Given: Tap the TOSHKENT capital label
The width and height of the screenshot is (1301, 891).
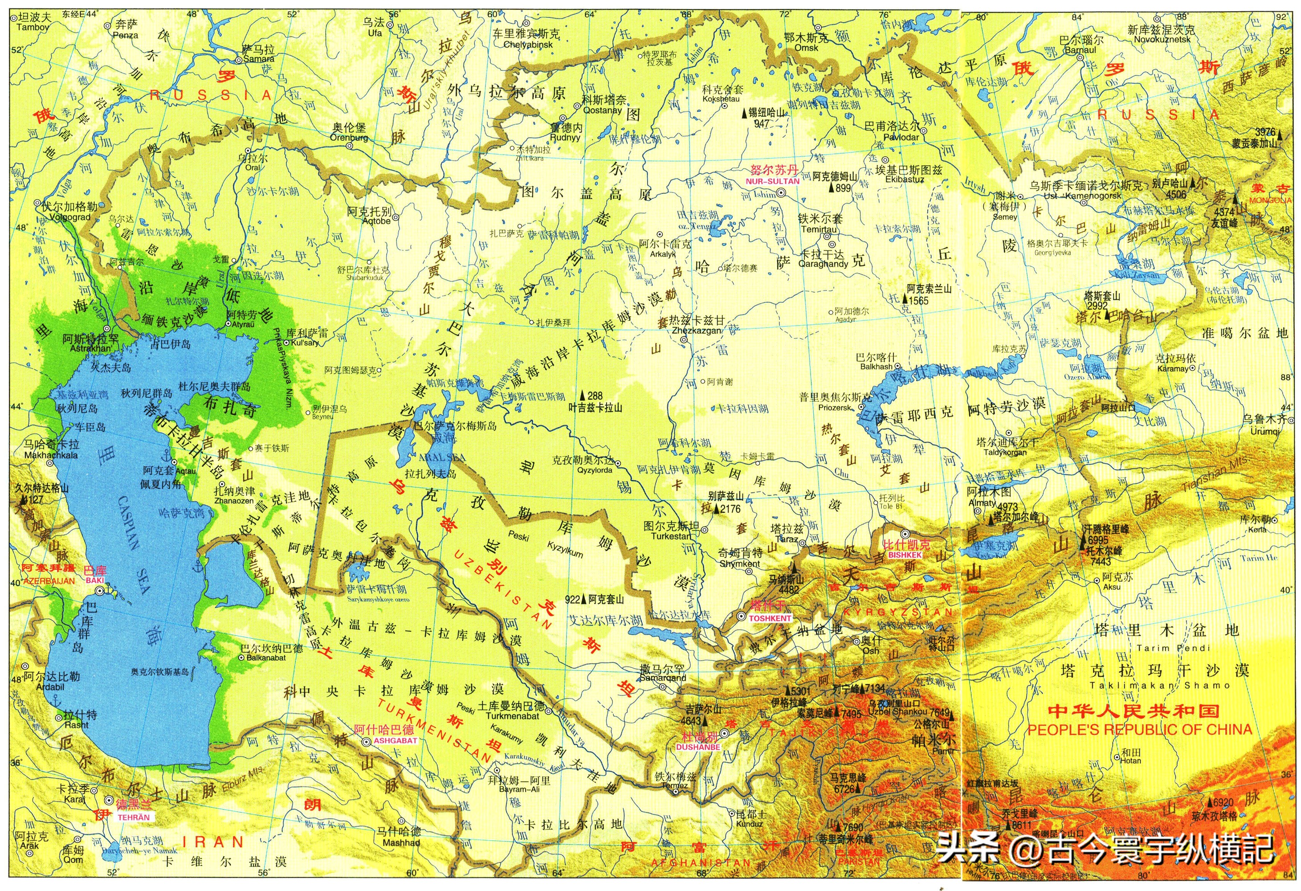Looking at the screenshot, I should [x=770, y=618].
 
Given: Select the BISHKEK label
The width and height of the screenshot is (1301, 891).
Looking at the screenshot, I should [x=905, y=555].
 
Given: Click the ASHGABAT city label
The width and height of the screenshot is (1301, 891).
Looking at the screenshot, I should [x=395, y=740].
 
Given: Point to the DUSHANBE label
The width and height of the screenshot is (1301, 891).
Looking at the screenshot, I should [x=697, y=747].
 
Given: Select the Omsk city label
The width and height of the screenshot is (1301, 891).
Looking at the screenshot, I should [x=806, y=48].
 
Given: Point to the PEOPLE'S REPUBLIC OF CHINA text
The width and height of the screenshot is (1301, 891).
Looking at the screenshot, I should [x=1140, y=729].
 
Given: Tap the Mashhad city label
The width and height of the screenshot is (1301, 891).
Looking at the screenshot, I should [x=401, y=842].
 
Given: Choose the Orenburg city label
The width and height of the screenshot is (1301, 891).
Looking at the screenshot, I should [x=349, y=137].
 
